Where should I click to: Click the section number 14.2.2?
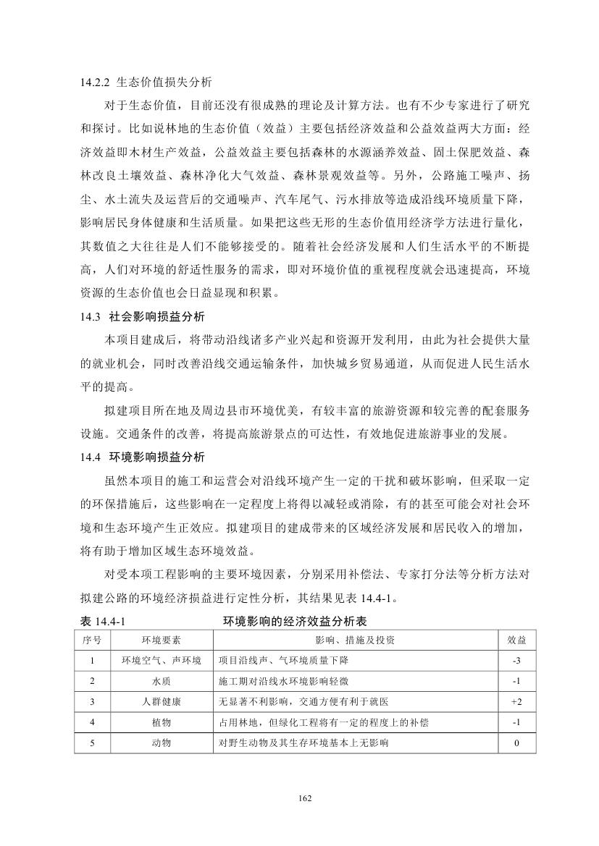coord(96,83)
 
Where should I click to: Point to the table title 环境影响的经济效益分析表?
coord(299,621)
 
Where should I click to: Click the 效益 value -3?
coord(516,661)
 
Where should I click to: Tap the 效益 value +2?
coord(516,701)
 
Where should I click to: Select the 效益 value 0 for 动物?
coord(516,743)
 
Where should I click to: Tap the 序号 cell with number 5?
coord(91,743)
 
